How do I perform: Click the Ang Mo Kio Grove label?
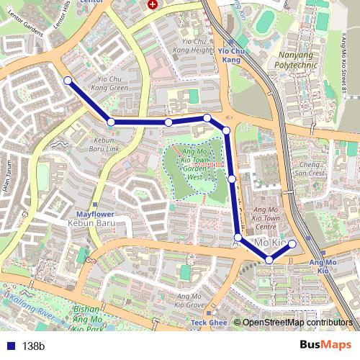(x=189, y=301)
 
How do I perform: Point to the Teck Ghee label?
(x=209, y=323)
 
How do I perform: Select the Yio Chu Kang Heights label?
(x=193, y=46)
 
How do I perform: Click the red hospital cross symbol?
(x=152, y=4)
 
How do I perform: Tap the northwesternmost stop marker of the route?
(x=68, y=81)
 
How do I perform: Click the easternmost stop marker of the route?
(x=292, y=244)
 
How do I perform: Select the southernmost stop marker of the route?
(x=269, y=259)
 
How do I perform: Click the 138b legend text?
(x=33, y=346)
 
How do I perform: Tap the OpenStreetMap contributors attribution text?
(x=297, y=323)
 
